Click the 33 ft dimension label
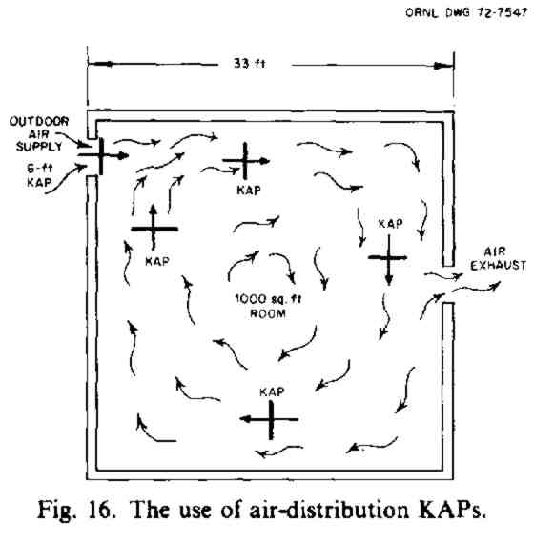pyautogui.click(x=249, y=64)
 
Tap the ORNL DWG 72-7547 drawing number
pyautogui.click(x=466, y=12)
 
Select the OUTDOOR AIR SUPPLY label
pyautogui.click(x=39, y=134)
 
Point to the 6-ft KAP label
pyautogui.click(x=40, y=175)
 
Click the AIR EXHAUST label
pyautogui.click(x=498, y=258)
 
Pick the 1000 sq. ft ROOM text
pyautogui.click(x=268, y=306)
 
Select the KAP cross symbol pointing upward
pyautogui.click(x=154, y=228)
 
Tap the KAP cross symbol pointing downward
pyautogui.click(x=389, y=258)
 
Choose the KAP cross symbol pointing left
pyautogui.click(x=270, y=419)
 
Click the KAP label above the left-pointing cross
pyautogui.click(x=272, y=392)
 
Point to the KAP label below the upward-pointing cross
pyautogui.click(x=157, y=261)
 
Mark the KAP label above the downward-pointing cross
pyautogui.click(x=391, y=224)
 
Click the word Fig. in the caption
pyautogui.click(x=55, y=510)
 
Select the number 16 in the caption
pyautogui.click(x=101, y=509)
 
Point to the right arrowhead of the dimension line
pyautogui.click(x=443, y=66)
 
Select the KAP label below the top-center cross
pyautogui.click(x=249, y=190)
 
